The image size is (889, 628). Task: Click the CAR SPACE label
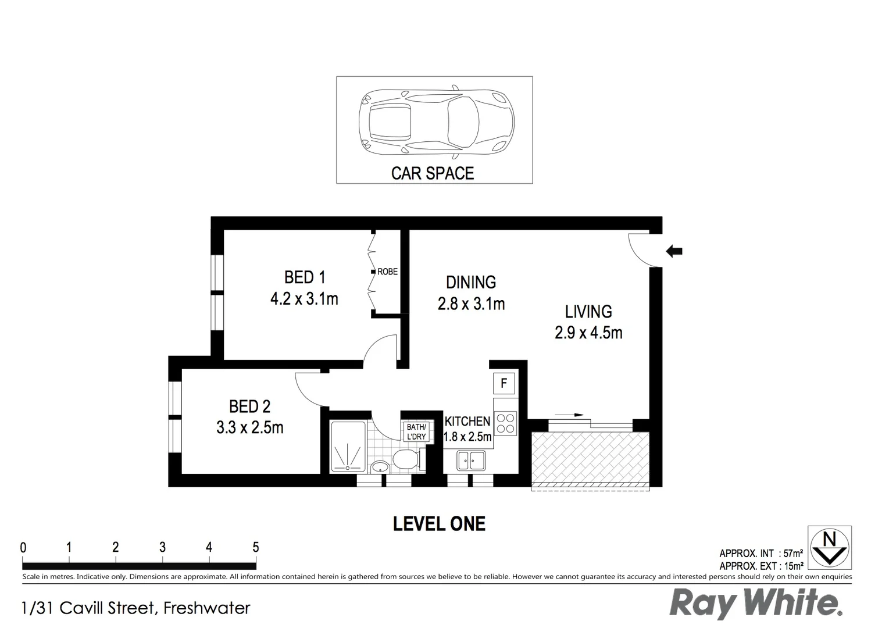click(x=433, y=173)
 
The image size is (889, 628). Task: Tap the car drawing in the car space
click(x=437, y=122)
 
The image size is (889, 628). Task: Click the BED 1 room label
click(x=304, y=277)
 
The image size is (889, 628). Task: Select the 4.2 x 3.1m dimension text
click(x=304, y=299)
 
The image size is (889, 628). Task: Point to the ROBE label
click(x=387, y=272)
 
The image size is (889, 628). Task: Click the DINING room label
click(x=471, y=283)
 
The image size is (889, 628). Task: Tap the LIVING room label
click(x=588, y=312)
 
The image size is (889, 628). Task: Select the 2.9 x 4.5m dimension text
click(x=588, y=333)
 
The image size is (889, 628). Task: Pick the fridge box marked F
click(x=504, y=384)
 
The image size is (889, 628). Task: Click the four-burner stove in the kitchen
click(x=505, y=423)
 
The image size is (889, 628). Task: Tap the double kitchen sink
click(x=474, y=461)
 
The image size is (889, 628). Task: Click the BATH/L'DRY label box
click(x=416, y=432)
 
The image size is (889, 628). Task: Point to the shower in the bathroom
click(x=348, y=447)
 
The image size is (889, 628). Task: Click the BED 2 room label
click(x=249, y=406)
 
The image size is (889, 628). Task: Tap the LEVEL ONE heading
click(x=439, y=524)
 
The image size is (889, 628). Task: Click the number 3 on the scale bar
click(x=162, y=547)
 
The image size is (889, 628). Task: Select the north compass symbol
click(x=830, y=547)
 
